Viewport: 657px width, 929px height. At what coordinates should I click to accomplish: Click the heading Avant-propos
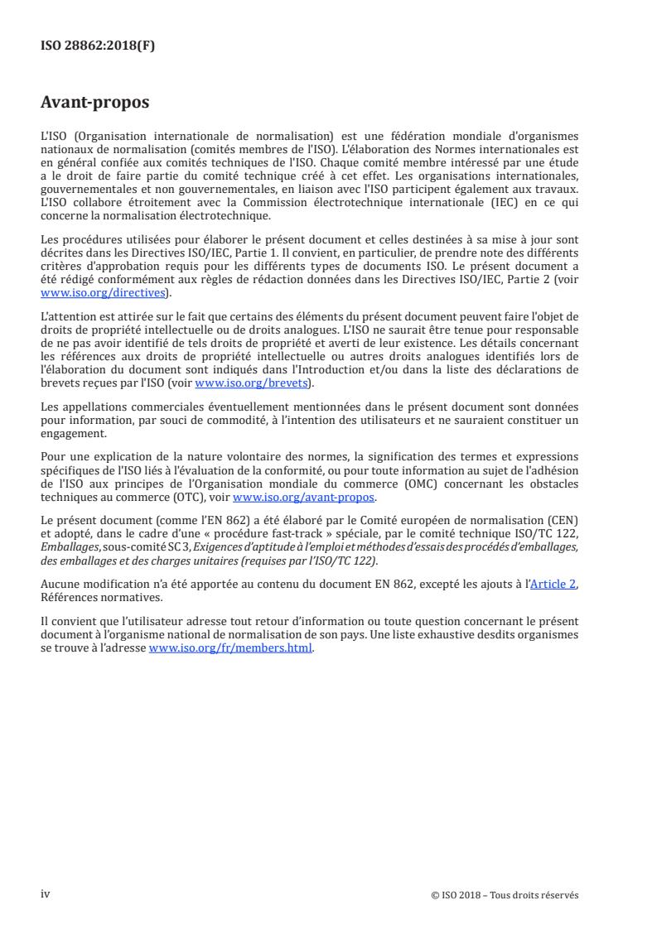click(95, 103)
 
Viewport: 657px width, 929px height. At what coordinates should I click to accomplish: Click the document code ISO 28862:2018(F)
click(98, 46)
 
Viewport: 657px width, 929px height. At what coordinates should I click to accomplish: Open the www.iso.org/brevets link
click(251, 383)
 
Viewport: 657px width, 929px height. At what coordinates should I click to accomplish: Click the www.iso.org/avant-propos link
click(304, 497)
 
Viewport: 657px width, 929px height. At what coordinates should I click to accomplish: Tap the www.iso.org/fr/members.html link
click(230, 648)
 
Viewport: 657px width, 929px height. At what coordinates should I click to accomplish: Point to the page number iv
click(46, 893)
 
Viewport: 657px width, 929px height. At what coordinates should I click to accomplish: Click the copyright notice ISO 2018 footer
click(505, 894)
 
